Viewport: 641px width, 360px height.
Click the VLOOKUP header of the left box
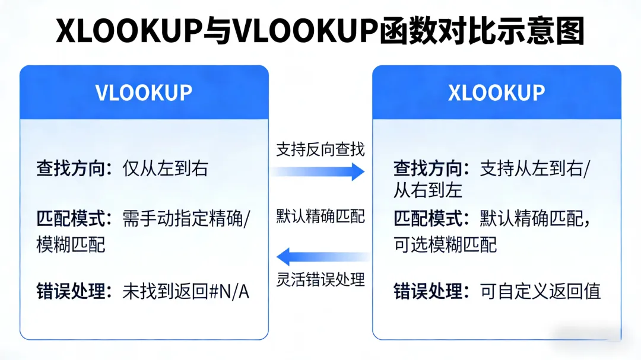click(x=144, y=93)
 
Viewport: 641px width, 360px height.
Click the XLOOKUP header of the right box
click(x=496, y=93)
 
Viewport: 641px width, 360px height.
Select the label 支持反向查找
click(x=320, y=150)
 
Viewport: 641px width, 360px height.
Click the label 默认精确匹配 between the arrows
click(x=320, y=216)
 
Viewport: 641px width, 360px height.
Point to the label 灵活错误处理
click(x=320, y=279)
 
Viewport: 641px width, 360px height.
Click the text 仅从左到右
click(x=166, y=169)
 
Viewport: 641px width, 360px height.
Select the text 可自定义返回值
click(x=540, y=291)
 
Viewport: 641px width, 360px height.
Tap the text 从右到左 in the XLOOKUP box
click(x=428, y=190)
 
